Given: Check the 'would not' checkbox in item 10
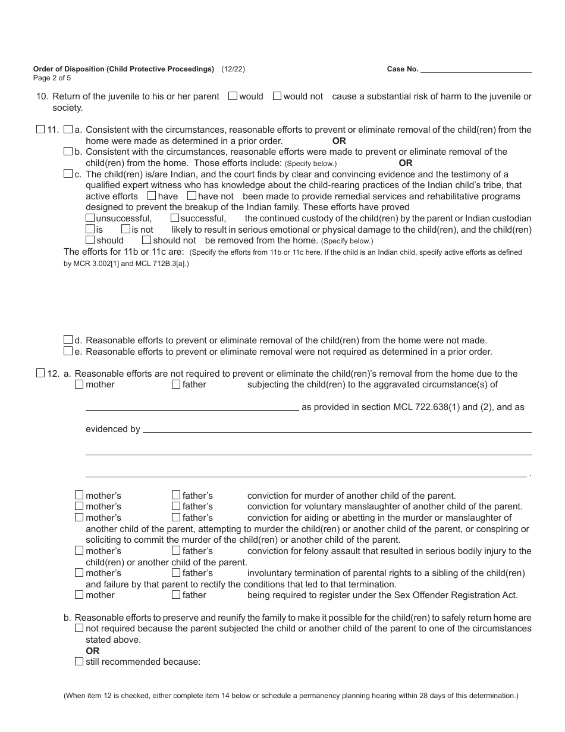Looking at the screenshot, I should point(277,96).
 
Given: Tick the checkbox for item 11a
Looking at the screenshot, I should point(68,129).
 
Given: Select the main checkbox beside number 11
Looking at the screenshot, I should point(40,129).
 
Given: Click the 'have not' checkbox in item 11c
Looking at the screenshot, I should point(192,196).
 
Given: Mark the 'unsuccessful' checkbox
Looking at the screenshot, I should point(90,218).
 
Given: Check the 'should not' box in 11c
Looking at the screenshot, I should point(146,240).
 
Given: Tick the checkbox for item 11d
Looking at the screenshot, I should point(68,340).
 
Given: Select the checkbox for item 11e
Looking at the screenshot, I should point(68,351).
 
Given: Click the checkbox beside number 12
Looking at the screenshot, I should point(40,373).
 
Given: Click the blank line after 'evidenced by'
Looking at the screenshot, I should point(337,428).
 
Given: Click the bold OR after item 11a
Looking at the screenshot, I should point(339,141).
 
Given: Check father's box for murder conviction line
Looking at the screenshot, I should point(176,495).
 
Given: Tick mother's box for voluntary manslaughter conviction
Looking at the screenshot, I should point(79,506).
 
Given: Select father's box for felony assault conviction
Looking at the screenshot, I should point(176,550).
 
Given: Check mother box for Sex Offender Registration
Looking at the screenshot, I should point(79,595).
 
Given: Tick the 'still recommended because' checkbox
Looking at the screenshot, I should point(79,661).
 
